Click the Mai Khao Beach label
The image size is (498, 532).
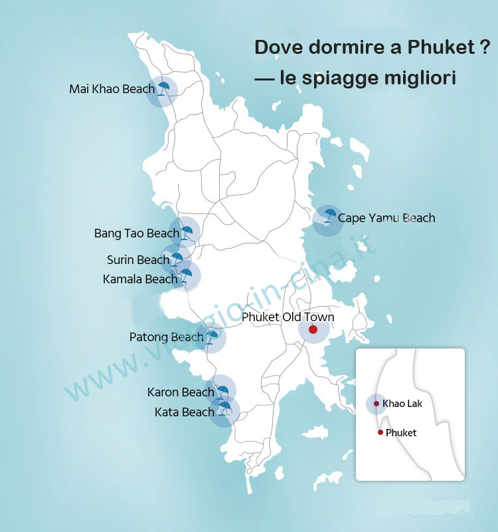tap(112, 89)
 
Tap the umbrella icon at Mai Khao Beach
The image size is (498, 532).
tap(163, 89)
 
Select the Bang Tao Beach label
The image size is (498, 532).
tap(137, 233)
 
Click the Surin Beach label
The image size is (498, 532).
tap(138, 260)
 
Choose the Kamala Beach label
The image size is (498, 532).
tap(140, 279)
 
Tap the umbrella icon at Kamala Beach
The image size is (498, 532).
tap(186, 275)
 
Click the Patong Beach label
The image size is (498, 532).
tap(166, 338)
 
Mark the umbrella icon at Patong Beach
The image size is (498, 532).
tap(212, 338)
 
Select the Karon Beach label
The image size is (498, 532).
tap(181, 392)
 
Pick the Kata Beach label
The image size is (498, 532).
tap(184, 412)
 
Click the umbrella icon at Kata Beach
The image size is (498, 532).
tap(225, 408)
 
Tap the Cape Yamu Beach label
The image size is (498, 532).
tap(386, 218)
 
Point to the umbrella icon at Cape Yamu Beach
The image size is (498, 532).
tap(329, 215)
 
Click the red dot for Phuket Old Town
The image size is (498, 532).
tap(313, 329)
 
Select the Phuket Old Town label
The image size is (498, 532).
tap(288, 317)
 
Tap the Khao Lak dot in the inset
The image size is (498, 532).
tap(376, 404)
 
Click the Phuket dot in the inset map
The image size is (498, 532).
tap(380, 432)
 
